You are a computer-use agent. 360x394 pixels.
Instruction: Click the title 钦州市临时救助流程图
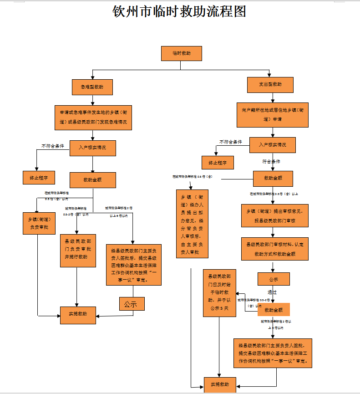tap(180, 11)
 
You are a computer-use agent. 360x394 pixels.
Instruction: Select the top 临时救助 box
tap(181, 53)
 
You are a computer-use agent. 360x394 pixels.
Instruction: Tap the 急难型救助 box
tap(92, 87)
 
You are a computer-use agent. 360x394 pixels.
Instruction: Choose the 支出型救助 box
tap(270, 85)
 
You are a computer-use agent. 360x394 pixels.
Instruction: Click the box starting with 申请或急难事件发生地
tap(93, 116)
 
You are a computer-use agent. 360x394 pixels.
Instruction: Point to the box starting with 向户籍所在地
tap(273, 114)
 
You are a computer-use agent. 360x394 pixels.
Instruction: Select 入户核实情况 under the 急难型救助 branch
tap(92, 148)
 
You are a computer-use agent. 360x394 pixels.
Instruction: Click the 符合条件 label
tap(271, 161)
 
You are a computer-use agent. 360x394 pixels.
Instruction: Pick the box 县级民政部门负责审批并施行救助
tap(78, 250)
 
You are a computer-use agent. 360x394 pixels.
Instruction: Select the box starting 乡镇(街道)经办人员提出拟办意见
tap(192, 224)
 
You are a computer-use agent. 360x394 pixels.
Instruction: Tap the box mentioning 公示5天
tap(219, 292)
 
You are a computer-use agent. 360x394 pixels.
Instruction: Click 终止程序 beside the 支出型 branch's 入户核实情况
tap(218, 163)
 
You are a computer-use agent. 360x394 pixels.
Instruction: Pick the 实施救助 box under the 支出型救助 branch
tap(220, 384)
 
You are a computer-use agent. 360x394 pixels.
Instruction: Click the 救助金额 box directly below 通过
tap(274, 310)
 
